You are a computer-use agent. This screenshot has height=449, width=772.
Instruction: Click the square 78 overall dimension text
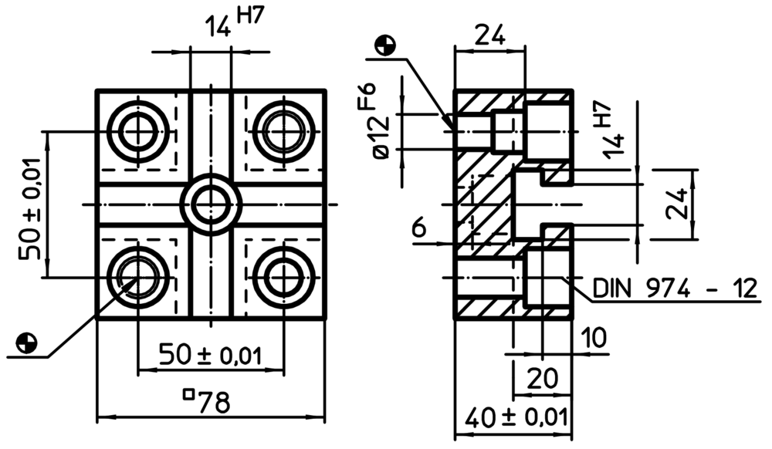coord(207,401)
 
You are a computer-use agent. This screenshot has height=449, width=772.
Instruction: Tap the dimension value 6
coord(419,228)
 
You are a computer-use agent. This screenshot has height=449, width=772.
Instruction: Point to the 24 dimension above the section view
coord(489,34)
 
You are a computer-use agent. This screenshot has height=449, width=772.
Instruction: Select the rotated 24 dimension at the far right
coord(677,204)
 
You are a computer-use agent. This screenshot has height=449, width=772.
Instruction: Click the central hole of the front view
coord(211,204)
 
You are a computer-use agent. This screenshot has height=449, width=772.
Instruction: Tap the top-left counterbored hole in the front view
coord(137,131)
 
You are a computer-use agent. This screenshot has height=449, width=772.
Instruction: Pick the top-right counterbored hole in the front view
coord(283,131)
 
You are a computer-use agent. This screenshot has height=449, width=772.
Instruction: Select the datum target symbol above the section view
coord(384,46)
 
